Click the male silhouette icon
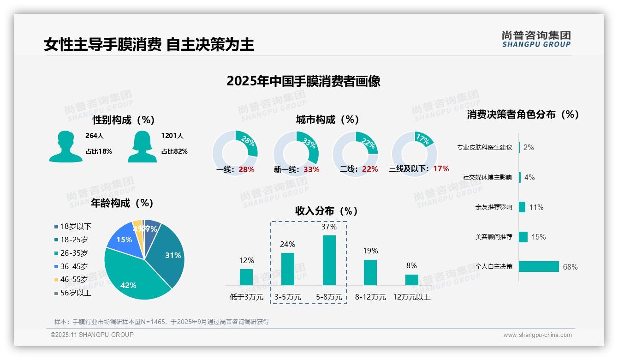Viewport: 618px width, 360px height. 65,146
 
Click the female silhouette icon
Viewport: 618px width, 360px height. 142,146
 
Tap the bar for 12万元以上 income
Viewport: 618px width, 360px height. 411,280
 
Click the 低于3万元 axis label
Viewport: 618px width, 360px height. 246,297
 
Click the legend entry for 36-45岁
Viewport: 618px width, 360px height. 74,266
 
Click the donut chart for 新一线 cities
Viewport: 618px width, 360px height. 296,154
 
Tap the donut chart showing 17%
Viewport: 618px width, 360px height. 414,154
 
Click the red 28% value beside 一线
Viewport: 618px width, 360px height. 246,169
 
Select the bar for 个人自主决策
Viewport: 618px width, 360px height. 539,266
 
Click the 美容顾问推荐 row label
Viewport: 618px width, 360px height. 493,237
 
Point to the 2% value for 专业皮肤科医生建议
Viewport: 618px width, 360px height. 529,147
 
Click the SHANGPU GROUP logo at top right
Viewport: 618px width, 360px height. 536,39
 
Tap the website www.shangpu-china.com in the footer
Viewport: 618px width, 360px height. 537,335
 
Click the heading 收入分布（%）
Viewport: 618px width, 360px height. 327,211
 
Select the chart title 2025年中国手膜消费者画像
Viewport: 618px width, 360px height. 303,81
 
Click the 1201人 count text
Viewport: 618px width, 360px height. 172,136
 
